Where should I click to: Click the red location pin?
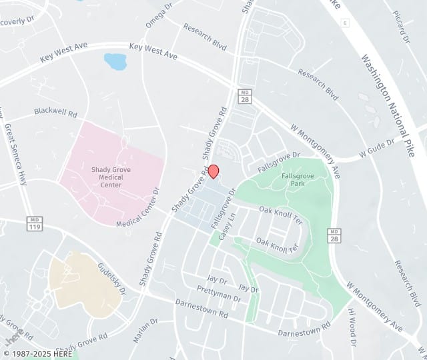click(213, 171)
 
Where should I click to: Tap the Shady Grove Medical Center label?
click(111, 177)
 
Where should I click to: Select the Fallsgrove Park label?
click(294, 180)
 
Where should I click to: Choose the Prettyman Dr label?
click(218, 293)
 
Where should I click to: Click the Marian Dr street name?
click(145, 330)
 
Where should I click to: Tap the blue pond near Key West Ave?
click(115, 62)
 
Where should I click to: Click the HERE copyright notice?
click(39, 353)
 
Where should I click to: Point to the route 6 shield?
click(344, 22)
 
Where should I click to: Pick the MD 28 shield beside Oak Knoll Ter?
click(334, 234)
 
